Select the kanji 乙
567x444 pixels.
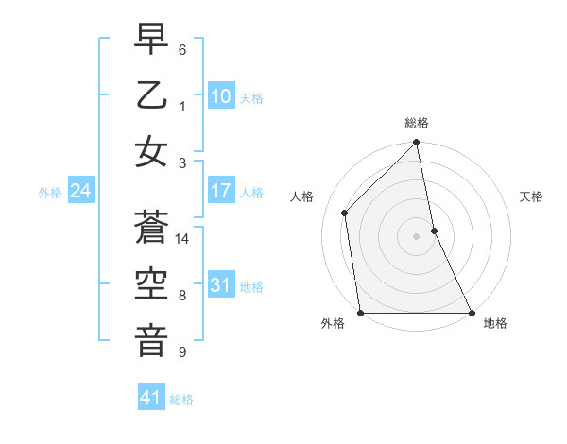pos(151,97)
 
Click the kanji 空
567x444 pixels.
pos(151,283)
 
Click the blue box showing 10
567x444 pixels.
pos(221,95)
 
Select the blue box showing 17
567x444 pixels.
pos(221,191)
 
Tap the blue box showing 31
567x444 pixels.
pos(221,285)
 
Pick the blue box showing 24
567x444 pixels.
pos(80,192)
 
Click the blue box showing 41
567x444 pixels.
pos(151,398)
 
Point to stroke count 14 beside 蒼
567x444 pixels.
pos(183,239)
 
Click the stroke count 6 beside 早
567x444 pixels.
pos(182,49)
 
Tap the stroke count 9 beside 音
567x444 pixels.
pos(182,352)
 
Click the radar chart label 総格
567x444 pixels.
pos(417,123)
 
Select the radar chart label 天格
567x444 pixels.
pos(531,196)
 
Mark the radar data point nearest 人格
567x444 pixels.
pos(345,213)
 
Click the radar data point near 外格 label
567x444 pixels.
pos(361,313)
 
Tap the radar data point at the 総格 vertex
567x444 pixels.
pos(417,144)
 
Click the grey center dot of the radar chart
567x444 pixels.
pos(417,236)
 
